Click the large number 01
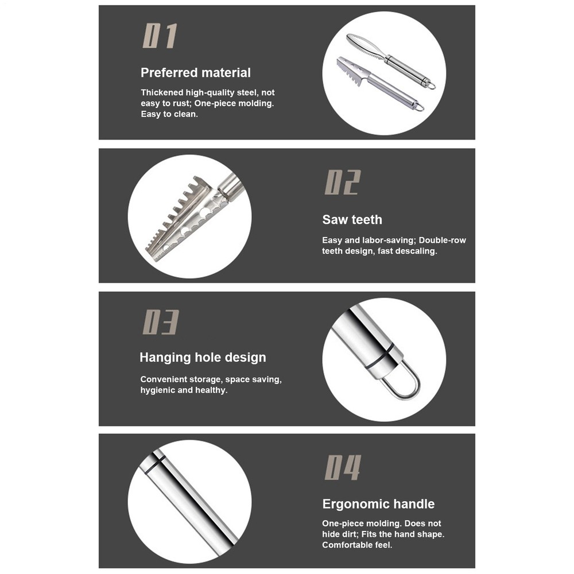click(159, 36)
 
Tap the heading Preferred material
click(196, 73)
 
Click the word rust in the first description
click(171, 103)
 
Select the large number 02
click(342, 183)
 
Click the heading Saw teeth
click(352, 220)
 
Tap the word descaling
click(416, 251)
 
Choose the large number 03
click(160, 323)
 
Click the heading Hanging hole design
click(203, 358)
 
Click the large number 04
click(343, 467)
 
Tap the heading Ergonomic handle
click(378, 505)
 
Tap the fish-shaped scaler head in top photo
click(367, 47)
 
